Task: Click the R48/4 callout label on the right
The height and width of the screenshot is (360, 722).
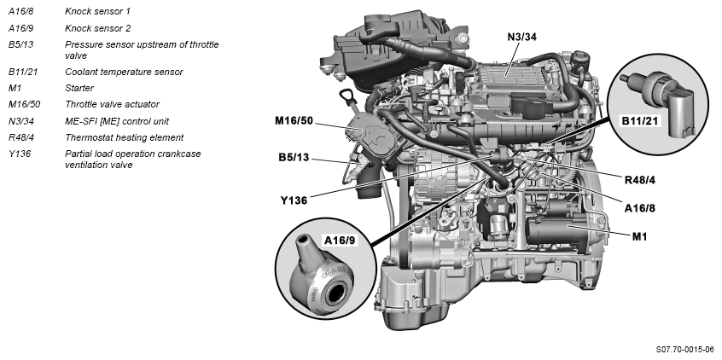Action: [641, 180]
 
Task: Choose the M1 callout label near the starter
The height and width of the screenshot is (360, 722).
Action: [640, 235]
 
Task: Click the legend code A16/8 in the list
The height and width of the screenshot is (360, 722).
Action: [22, 12]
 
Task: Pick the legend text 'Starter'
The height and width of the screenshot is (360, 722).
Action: [79, 88]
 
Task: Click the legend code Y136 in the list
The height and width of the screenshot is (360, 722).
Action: [19, 154]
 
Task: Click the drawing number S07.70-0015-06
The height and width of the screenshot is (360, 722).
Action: [684, 350]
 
